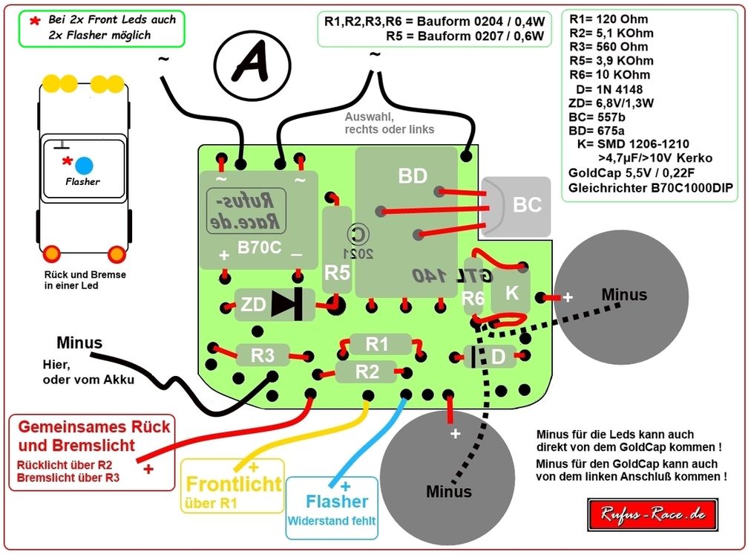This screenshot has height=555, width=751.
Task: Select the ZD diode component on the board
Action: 273,305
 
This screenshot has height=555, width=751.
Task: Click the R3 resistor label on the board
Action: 262,355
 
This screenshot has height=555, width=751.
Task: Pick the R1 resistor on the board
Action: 377,344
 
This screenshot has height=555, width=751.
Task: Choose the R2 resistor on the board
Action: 367,371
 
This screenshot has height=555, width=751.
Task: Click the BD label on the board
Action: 413,177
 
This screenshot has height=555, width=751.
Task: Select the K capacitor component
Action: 511,293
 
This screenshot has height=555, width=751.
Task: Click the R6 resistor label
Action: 473,298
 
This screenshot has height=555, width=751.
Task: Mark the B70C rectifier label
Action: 259,247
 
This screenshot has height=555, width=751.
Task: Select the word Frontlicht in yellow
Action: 234,484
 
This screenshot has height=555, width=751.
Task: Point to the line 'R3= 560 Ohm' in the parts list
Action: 608,47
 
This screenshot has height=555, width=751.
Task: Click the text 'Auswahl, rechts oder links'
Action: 390,123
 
